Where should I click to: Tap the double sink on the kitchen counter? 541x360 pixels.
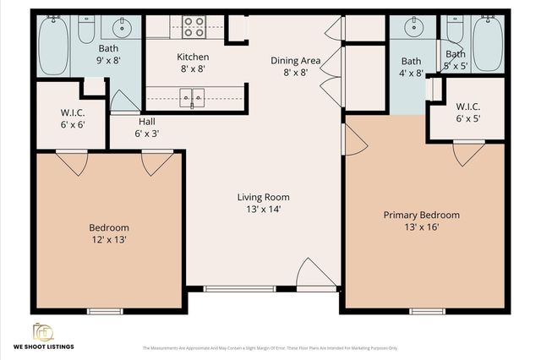coord(192,99)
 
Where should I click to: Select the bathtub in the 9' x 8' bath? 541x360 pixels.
coord(53,41)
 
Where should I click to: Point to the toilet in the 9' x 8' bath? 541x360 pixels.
coord(86,31)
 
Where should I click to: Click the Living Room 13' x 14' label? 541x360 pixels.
coord(263,203)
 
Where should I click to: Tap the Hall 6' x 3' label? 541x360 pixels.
coord(146,127)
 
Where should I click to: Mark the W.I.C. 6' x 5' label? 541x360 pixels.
coord(467,112)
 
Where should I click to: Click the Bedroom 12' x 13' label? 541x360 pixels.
coord(109,233)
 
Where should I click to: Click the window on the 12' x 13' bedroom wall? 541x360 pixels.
coord(105,311)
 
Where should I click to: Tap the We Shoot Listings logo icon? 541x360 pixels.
coord(42,330)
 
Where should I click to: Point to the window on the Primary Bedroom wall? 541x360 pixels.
coord(427,311)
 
